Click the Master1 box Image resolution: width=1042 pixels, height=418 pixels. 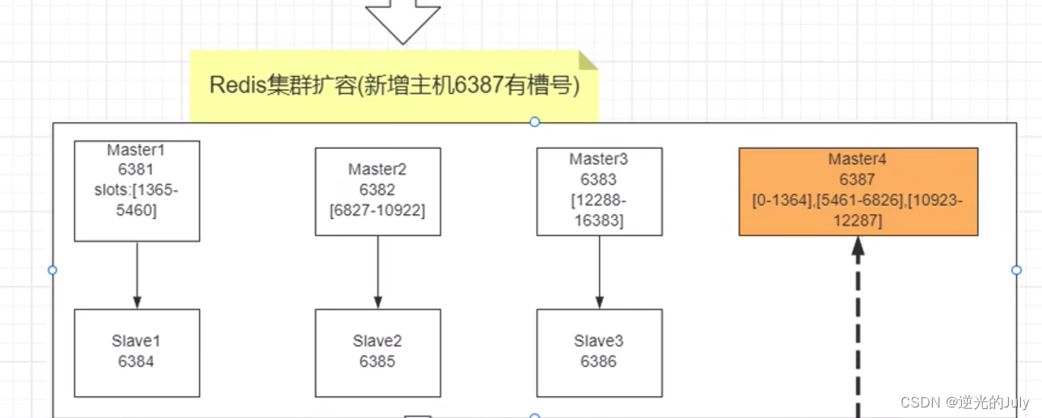click(x=137, y=191)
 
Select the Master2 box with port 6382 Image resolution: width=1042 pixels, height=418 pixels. click(x=378, y=192)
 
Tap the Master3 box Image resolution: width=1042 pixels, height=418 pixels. click(x=599, y=192)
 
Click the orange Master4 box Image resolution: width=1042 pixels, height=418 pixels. click(x=858, y=192)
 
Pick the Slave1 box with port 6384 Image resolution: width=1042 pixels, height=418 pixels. click(x=137, y=353)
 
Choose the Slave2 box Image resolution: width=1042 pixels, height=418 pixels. click(x=378, y=353)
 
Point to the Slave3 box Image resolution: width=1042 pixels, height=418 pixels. click(x=599, y=353)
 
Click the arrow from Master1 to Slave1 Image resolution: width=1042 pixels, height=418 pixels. click(x=137, y=275)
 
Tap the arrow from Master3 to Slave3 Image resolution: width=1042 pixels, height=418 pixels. click(x=599, y=272)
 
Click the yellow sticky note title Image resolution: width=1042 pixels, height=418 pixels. click(x=394, y=87)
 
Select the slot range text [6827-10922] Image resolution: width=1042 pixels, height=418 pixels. click(x=378, y=210)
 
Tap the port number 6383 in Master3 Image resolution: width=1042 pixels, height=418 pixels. click(x=599, y=179)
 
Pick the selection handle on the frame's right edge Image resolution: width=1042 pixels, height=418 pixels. click(x=1017, y=270)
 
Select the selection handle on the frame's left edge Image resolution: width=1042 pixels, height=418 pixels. click(x=53, y=270)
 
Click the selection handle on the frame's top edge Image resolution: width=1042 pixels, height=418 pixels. click(x=534, y=122)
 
